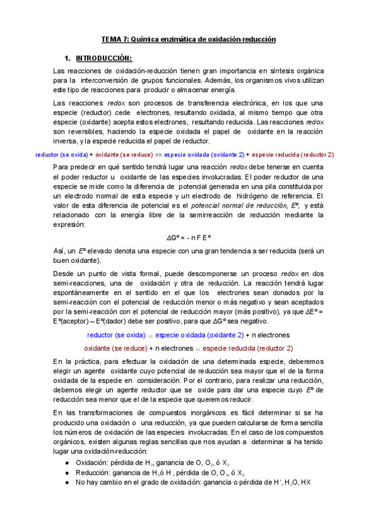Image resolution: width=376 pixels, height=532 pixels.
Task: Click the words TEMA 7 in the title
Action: point(113,39)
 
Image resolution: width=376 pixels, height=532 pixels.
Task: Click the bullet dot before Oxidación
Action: point(68,462)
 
